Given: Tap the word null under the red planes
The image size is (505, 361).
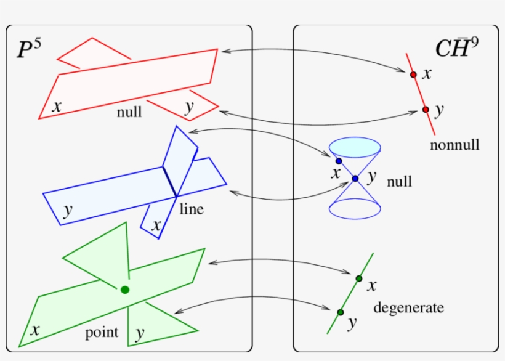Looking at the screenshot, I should click(129, 112).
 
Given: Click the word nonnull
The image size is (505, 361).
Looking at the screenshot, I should click(454, 145).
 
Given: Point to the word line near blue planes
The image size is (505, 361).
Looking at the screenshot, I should click(192, 209).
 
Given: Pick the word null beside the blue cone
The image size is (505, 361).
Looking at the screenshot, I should click(399, 182).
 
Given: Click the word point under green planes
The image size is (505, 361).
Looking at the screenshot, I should click(102, 333).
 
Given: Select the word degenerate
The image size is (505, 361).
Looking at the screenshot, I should click(408, 307).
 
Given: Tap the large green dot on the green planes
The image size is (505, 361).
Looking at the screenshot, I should click(125, 290).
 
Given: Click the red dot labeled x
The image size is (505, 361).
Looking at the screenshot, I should click(413, 75).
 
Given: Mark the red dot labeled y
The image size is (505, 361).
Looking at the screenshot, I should click(425, 110).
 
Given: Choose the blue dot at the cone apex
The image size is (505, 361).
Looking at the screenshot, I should click(355, 179).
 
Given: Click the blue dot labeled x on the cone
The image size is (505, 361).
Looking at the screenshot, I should click(339, 161).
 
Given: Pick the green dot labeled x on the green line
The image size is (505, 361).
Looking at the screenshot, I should click(359, 278).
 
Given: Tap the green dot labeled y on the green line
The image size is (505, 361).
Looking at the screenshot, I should click(340, 312).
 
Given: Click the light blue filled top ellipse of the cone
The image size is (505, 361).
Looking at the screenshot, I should click(355, 147).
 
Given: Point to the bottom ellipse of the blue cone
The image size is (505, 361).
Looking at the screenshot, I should click(355, 209).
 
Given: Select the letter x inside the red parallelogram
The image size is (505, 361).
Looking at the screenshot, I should click(57, 106).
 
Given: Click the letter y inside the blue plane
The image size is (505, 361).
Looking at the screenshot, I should click(68, 209).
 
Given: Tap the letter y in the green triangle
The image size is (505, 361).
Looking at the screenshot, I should click(140, 333).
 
